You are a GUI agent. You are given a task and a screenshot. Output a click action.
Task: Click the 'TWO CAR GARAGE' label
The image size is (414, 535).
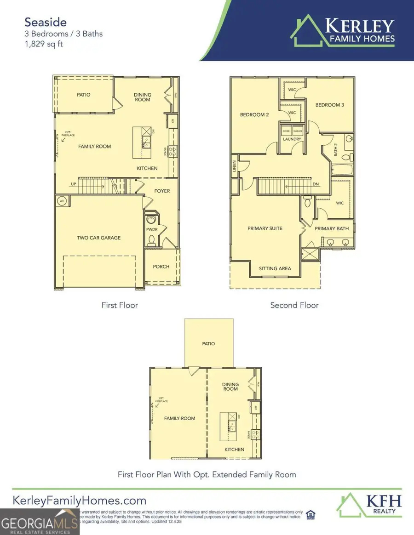coord(99,238)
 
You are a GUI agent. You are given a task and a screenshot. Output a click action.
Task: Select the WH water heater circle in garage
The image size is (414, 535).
coord(62,200)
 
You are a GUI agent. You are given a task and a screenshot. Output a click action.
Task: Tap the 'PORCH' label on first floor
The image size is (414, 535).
coord(161,267)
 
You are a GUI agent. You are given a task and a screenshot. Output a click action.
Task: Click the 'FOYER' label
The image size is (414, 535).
coord(162,191)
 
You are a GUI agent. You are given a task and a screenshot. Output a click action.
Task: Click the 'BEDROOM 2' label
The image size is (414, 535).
coord(254,114)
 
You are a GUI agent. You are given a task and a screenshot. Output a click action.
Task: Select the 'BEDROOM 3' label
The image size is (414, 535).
coord(329,105)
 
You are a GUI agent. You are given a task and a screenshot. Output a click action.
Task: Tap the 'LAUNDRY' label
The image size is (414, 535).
coord(292,139)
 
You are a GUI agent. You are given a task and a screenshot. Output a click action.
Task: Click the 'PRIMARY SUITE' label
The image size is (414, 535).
coord(265,228)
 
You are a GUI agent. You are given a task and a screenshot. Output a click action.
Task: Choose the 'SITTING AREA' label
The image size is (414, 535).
coord(275,268)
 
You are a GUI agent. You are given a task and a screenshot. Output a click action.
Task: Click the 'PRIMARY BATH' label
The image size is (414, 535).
coord(332,228)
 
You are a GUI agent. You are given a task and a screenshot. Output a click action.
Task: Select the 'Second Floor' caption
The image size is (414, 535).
coord(294,305)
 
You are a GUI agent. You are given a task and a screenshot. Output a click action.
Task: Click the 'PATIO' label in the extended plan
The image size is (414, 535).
coord(208,343)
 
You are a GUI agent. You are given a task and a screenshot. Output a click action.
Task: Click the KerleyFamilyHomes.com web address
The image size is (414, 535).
coord(79,501)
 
